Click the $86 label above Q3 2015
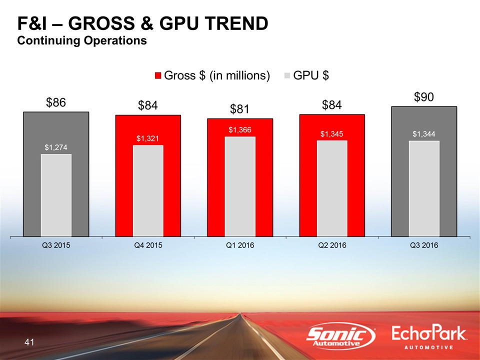pyautogui.click(x=56, y=103)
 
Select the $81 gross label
pyautogui.click(x=240, y=109)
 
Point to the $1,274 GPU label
pyautogui.click(x=56, y=147)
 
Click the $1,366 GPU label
pyautogui.click(x=240, y=129)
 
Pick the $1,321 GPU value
pyautogui.click(x=148, y=138)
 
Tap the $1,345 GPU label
pyautogui.click(x=332, y=134)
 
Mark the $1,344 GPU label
pyautogui.click(x=423, y=134)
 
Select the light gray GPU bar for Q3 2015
pyautogui.click(x=56, y=195)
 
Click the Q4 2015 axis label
pyautogui.click(x=148, y=245)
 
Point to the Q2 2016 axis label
pyautogui.click(x=332, y=245)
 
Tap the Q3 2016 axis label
pyautogui.click(x=423, y=245)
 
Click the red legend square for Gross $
pyautogui.click(x=158, y=75)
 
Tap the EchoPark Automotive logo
pyautogui.click(x=429, y=337)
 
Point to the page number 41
pyautogui.click(x=29, y=342)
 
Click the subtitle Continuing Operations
pyautogui.click(x=82, y=40)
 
